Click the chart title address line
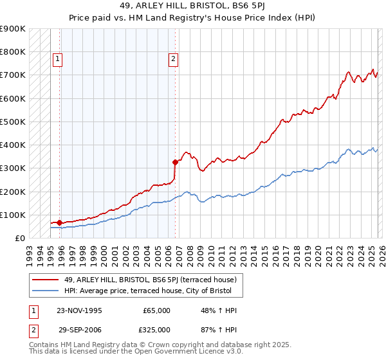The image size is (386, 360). click(x=192, y=6)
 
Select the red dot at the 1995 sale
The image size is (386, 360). click(x=60, y=222)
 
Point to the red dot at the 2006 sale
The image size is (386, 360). click(x=175, y=162)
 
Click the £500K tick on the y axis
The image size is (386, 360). click(x=13, y=122)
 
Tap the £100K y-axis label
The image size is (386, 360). click(x=13, y=215)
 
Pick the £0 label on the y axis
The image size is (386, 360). click(x=19, y=238)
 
